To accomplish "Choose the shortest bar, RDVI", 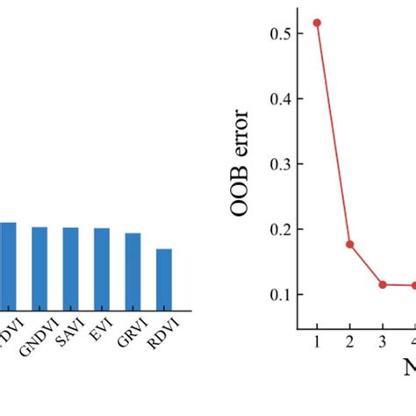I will (x=164, y=278).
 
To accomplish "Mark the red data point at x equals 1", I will (x=317, y=23).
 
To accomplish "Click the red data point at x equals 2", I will (x=349, y=244).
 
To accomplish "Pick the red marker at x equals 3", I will (x=382, y=284).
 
